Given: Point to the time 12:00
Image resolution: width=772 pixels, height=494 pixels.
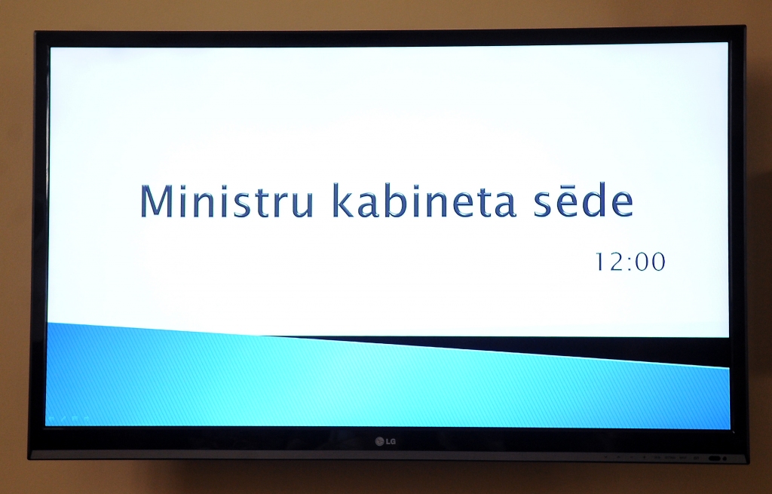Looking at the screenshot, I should (x=630, y=262).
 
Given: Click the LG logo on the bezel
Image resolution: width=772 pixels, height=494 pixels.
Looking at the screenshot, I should (x=385, y=441).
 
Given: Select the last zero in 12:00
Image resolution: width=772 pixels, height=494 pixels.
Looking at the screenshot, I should (x=657, y=262).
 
